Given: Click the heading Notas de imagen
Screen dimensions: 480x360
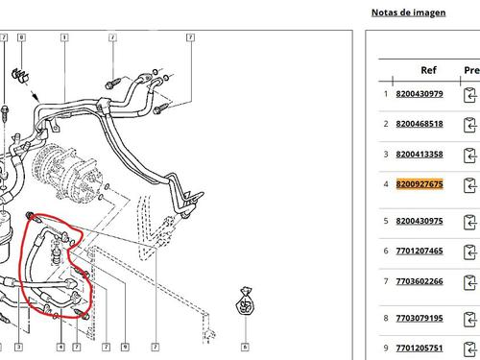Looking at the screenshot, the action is (x=408, y=12).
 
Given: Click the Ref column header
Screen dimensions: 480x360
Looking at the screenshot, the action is (x=428, y=70).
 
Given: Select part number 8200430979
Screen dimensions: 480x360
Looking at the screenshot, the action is (x=420, y=94).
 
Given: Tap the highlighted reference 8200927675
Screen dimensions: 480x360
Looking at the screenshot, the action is (x=420, y=184).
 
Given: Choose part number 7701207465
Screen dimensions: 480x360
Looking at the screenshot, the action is (x=420, y=251).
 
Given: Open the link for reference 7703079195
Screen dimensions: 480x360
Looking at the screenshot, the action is (x=420, y=318).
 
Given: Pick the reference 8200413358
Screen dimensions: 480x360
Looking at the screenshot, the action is (x=420, y=154).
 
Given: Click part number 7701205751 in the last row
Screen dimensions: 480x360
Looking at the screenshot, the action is (x=420, y=348).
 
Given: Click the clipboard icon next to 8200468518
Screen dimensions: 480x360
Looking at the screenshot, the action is (x=469, y=125).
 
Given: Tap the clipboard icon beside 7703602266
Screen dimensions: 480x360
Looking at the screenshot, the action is (x=469, y=282).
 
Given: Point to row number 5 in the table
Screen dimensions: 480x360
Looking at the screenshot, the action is (x=386, y=221).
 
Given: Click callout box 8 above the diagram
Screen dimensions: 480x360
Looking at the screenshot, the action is (x=21, y=37).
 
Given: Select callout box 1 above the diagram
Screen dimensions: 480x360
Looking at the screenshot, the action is (x=64, y=37).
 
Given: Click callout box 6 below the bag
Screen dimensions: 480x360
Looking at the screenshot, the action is (x=245, y=347).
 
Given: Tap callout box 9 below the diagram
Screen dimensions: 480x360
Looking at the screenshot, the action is (x=125, y=347).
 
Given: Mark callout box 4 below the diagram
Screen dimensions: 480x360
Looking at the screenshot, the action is (x=60, y=347).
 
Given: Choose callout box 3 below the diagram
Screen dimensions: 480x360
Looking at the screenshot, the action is (x=19, y=347).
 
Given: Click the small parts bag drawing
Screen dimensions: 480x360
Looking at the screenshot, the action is (x=245, y=301).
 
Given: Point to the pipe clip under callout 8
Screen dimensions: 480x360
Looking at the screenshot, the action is (x=20, y=76).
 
